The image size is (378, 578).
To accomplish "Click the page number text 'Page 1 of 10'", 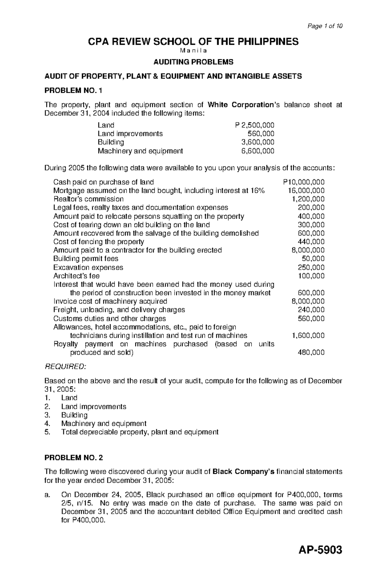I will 325,26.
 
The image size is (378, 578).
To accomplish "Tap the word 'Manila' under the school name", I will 193,51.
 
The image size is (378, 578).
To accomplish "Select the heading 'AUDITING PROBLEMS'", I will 193,62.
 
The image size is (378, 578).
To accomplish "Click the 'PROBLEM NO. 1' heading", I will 73,91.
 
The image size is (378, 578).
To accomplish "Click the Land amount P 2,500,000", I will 255,125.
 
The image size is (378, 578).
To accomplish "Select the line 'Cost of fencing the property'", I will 99,242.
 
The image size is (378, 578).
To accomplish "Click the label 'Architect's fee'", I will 77,276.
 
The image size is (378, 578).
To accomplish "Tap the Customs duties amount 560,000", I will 311,318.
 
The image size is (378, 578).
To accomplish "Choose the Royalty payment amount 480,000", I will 311,352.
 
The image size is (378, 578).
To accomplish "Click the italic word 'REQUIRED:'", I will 65,367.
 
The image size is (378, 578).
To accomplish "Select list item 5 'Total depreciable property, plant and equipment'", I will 140,432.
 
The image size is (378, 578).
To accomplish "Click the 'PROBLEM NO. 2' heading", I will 73,457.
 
